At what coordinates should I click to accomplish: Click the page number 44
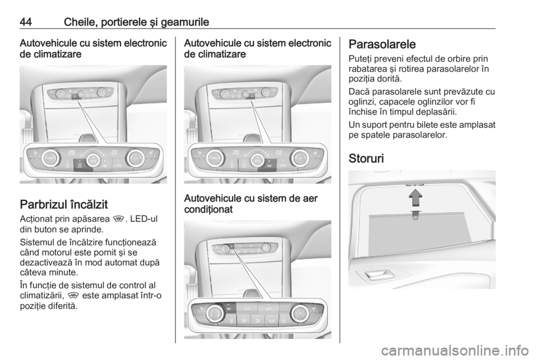pos(26,22)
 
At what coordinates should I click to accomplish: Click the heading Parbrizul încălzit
pos(63,205)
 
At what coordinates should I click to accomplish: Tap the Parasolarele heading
pos(382,44)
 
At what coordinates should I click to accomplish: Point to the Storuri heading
pos(366,159)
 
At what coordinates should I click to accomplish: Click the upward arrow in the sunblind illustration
pos(415,197)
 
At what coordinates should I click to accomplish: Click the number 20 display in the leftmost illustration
pos(71,153)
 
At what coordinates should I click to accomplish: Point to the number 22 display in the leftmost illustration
pos(114,153)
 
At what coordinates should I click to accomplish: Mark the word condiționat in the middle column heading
pos(208,209)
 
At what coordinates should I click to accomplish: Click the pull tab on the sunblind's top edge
pos(415,215)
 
